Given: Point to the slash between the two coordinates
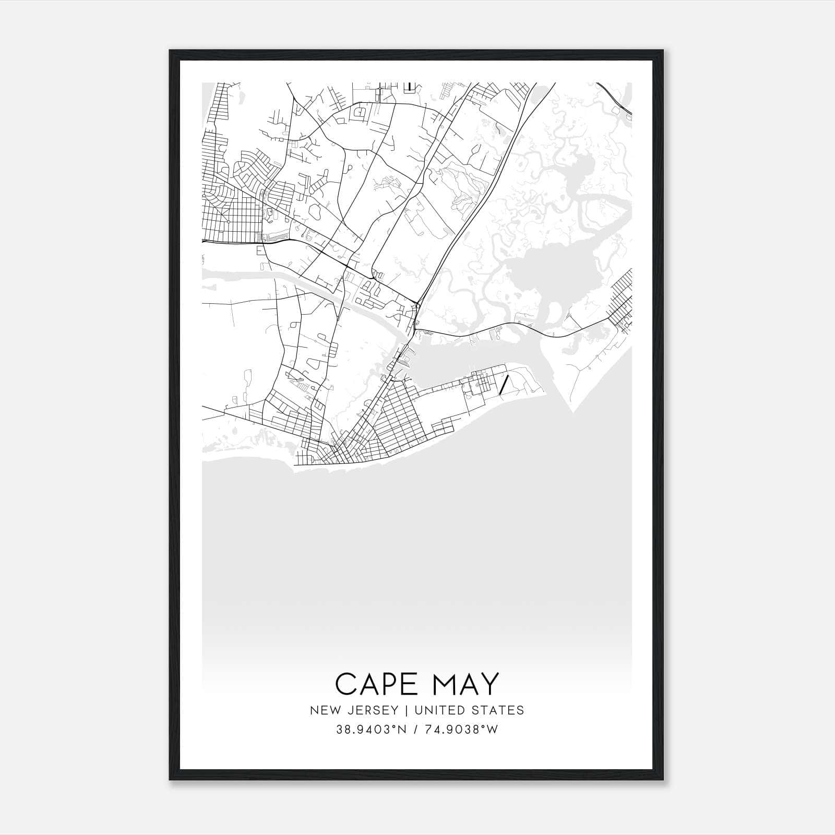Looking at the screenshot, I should (x=416, y=729).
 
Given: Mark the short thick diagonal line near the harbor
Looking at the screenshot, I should (x=504, y=385).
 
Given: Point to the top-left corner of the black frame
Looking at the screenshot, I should (x=171, y=51).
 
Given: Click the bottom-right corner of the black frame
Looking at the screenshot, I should (x=663, y=779).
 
